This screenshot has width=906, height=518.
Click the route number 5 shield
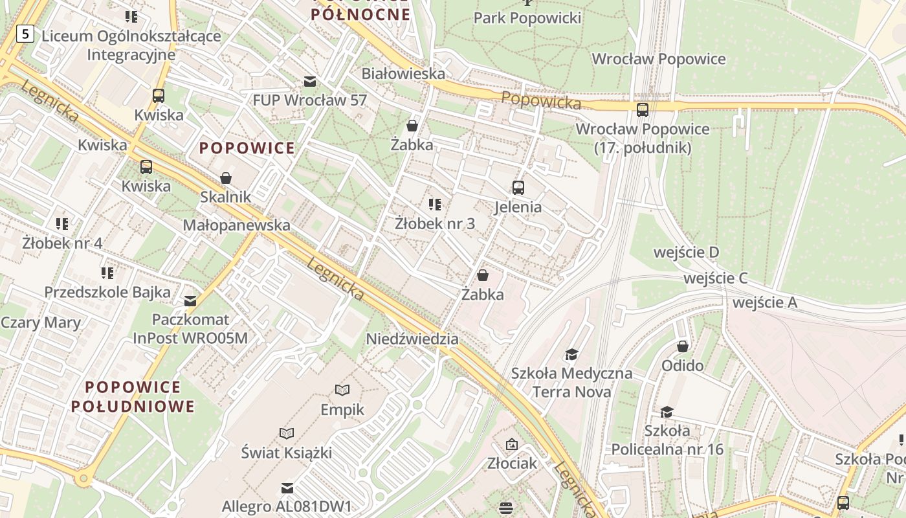click(25, 33)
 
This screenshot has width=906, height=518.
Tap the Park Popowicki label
click(527, 17)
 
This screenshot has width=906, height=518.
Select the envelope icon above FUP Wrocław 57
click(310, 81)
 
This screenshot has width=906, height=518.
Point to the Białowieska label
click(403, 73)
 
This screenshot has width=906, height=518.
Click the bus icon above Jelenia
click(518, 188)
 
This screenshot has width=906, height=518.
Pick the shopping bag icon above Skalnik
click(226, 177)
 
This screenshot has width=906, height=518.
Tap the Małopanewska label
click(236, 225)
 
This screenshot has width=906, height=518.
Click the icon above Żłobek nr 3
click(435, 205)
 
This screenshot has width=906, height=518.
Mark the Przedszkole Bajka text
click(107, 292)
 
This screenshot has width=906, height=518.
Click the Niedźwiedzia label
click(412, 339)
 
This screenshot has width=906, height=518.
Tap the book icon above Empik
click(342, 390)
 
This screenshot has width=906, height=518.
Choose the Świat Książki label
click(287, 452)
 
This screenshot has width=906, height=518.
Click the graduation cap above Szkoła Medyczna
click(571, 354)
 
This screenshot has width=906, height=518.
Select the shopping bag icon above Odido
click(682, 346)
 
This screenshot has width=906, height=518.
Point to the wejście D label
click(686, 252)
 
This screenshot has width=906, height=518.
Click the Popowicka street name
click(541, 100)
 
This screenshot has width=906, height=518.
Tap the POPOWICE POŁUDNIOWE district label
click(133, 396)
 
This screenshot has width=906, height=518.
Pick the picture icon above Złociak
click(512, 444)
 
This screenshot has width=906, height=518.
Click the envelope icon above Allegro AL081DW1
click(287, 488)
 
